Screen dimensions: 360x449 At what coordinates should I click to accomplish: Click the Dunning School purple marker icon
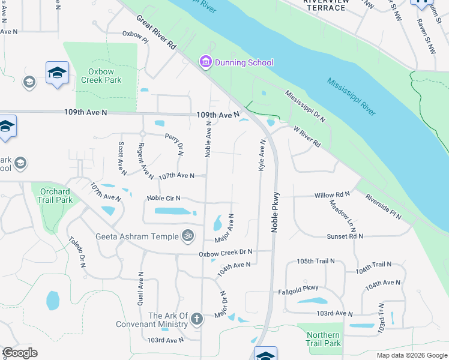click(205, 62)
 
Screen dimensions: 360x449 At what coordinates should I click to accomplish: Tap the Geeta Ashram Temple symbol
click(188, 236)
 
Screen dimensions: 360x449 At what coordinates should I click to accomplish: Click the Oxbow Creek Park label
click(101, 76)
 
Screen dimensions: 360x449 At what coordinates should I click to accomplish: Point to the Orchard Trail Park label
click(56, 196)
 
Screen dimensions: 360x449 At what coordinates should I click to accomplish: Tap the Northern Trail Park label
click(324, 339)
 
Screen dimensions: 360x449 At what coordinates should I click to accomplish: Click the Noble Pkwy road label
click(277, 211)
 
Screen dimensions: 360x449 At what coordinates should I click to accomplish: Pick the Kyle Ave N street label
click(262, 155)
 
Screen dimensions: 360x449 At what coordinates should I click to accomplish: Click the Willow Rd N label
click(332, 195)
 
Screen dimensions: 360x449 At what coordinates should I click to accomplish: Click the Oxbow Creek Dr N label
click(226, 254)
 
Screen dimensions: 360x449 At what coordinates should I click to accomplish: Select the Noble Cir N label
click(164, 198)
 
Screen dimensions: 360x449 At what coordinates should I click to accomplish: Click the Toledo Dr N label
click(76, 251)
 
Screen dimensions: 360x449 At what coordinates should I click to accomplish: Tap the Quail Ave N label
click(140, 289)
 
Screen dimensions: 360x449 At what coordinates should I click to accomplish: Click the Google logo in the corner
click(20, 353)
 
